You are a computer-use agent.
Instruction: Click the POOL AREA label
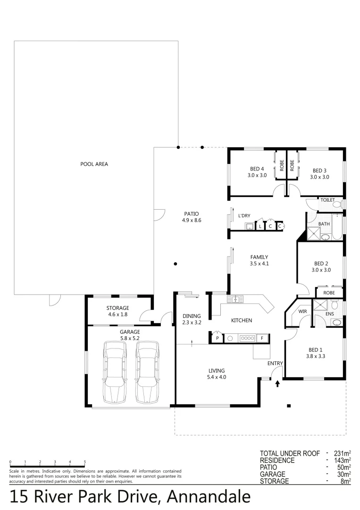pyautogui.click(x=94, y=164)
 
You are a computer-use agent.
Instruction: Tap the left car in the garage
pyautogui.click(x=115, y=373)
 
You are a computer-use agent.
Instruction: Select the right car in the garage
pyautogui.click(x=147, y=373)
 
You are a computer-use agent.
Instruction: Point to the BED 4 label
pyautogui.click(x=257, y=170)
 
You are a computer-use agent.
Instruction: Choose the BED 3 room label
pyautogui.click(x=319, y=170)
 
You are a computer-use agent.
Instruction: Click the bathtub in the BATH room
pyautogui.click(x=337, y=227)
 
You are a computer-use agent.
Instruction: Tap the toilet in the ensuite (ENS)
pyautogui.click(x=336, y=322)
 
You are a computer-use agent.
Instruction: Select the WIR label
pyautogui.click(x=302, y=312)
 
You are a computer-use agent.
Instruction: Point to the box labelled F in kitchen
pyautogui.click(x=262, y=338)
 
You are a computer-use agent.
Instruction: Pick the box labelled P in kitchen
pyautogui.click(x=218, y=338)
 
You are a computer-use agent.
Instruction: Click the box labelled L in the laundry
pyautogui.click(x=260, y=227)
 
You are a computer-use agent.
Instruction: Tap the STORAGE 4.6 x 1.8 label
pyautogui.click(x=117, y=311)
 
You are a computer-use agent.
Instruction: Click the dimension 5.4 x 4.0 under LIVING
pyautogui.click(x=217, y=377)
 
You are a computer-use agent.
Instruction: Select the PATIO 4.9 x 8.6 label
pyautogui.click(x=192, y=217)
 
